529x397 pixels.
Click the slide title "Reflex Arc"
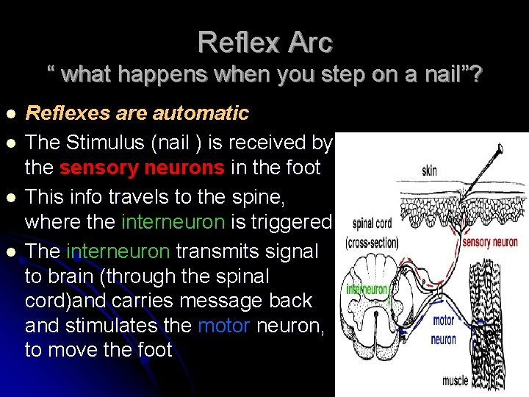tap(264, 42)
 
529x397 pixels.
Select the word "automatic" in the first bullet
tap(200, 113)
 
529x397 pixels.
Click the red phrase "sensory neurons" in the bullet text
tap(142, 168)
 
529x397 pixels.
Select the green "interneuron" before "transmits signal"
tap(118, 251)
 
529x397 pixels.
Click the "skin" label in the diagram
tap(429, 171)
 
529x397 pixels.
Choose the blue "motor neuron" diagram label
tap(444, 330)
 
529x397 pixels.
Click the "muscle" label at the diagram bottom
tap(455, 381)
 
